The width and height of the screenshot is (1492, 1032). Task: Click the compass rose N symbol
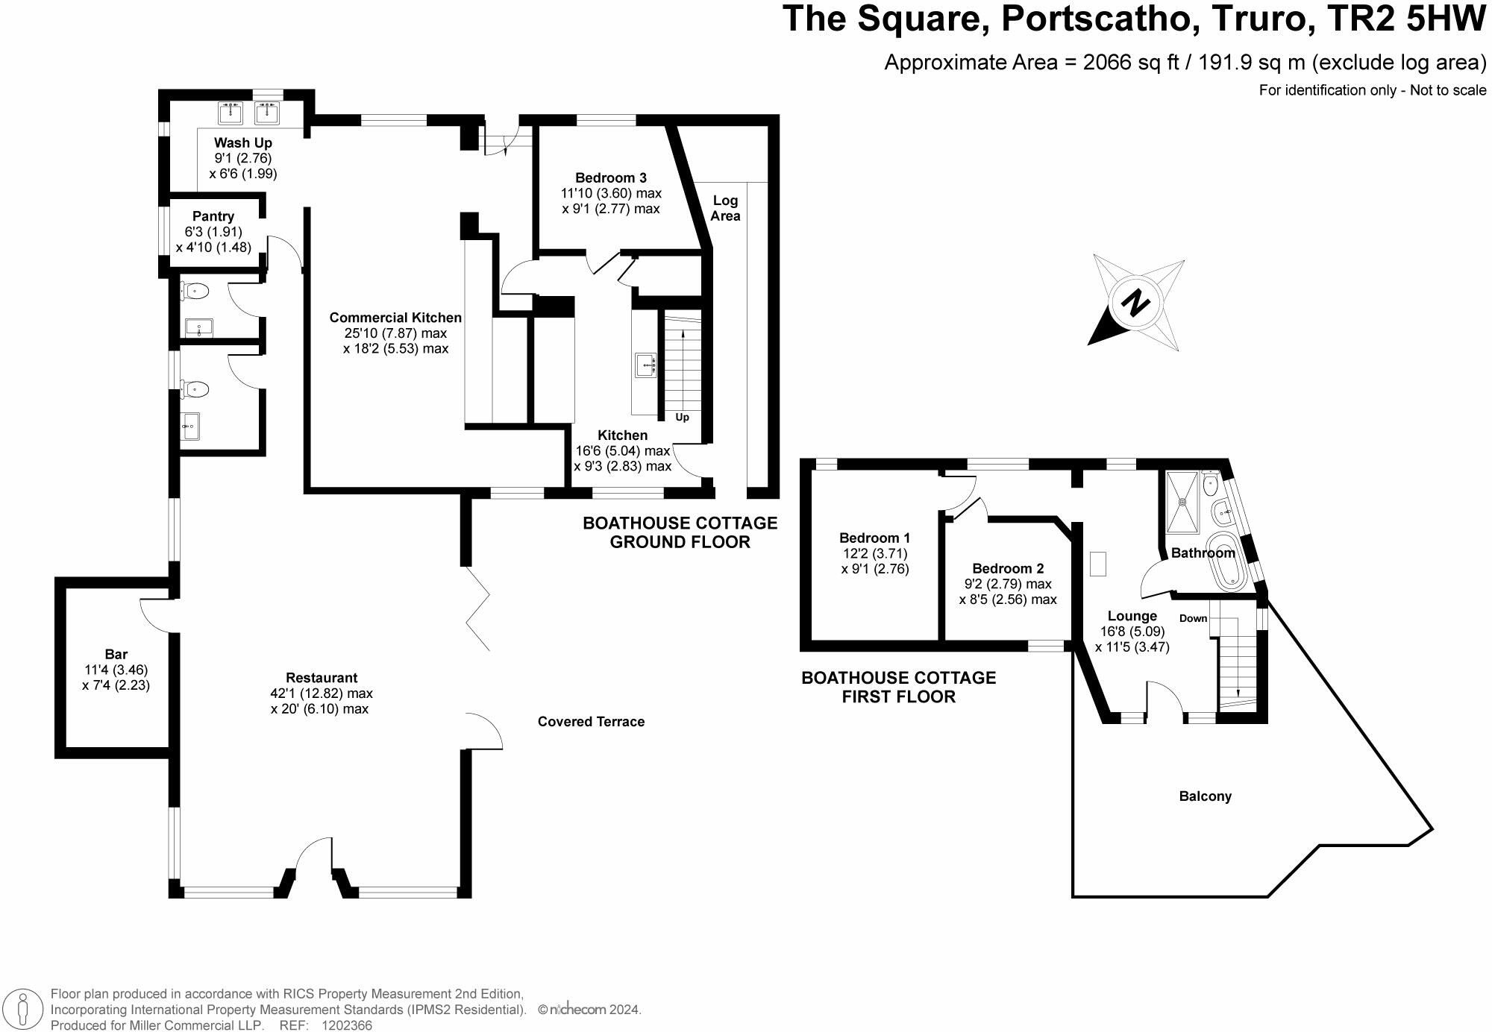tap(1135, 304)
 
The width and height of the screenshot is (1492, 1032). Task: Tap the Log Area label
tap(725, 208)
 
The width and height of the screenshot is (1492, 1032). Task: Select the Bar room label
tap(116, 654)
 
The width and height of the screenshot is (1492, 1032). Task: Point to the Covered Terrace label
tap(591, 722)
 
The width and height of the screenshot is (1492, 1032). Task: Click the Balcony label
tap(1205, 796)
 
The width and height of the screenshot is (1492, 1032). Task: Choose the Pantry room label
tap(213, 216)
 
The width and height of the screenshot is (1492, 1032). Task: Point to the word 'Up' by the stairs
tap(682, 418)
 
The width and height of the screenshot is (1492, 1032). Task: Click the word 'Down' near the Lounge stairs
tap(1193, 618)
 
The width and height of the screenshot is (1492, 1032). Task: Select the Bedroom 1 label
tap(874, 538)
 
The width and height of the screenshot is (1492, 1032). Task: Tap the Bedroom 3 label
tap(611, 177)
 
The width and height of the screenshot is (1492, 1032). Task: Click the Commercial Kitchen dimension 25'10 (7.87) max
tap(395, 333)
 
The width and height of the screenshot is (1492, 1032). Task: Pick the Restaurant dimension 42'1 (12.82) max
tap(322, 693)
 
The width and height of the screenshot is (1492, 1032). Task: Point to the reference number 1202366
tap(346, 1025)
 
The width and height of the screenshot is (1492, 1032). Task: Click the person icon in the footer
tap(25, 1010)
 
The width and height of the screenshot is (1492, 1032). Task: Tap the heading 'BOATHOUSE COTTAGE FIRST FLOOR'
tap(898, 687)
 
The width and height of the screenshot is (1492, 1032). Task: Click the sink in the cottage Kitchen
tap(645, 365)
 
